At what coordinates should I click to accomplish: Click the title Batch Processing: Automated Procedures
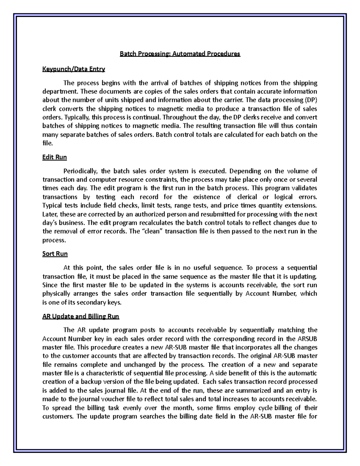coord(180,54)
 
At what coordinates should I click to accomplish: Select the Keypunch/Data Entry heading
coord(73,69)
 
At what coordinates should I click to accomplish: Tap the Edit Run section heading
coord(55,157)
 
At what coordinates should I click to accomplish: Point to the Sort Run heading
coord(55,254)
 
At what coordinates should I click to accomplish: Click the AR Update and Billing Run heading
coord(81,316)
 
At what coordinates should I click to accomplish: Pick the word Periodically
coord(80,171)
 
